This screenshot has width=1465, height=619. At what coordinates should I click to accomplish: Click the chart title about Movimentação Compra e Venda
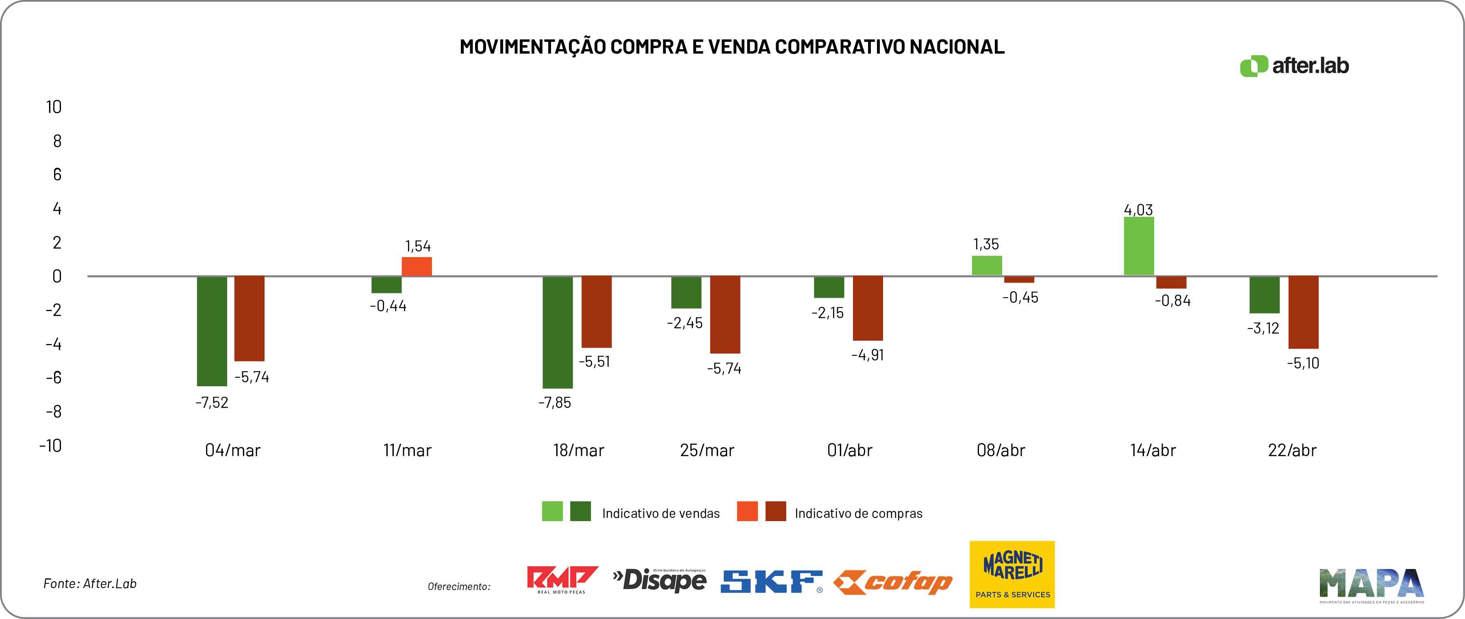tap(732, 47)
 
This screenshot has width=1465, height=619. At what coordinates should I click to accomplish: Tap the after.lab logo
tap(1294, 66)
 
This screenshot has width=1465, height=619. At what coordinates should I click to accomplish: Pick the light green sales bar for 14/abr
tap(1139, 246)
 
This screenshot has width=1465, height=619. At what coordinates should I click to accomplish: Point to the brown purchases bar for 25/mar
tap(725, 314)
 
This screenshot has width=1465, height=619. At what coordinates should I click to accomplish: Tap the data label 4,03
tap(1138, 210)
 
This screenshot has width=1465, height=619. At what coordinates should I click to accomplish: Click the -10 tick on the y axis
tap(51, 446)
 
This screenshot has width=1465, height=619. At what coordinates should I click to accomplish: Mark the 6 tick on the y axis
tap(57, 175)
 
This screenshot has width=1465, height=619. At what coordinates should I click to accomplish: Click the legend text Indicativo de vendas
tap(660, 514)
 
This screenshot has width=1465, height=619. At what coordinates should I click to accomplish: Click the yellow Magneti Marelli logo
tap(1012, 574)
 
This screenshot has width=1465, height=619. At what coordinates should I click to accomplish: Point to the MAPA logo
tap(1371, 585)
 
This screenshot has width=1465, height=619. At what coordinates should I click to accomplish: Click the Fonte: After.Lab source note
tap(90, 584)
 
